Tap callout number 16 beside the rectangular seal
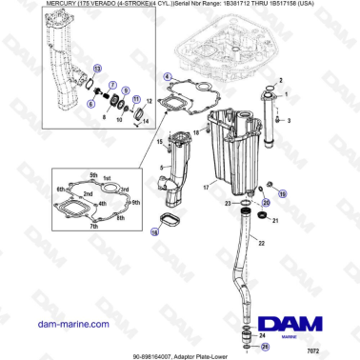point(155,230)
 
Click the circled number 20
point(267,203)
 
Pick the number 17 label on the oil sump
point(204,189)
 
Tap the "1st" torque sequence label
point(107,178)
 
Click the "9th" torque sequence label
point(135,202)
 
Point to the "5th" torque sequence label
point(93,174)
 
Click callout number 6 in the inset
point(90,103)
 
